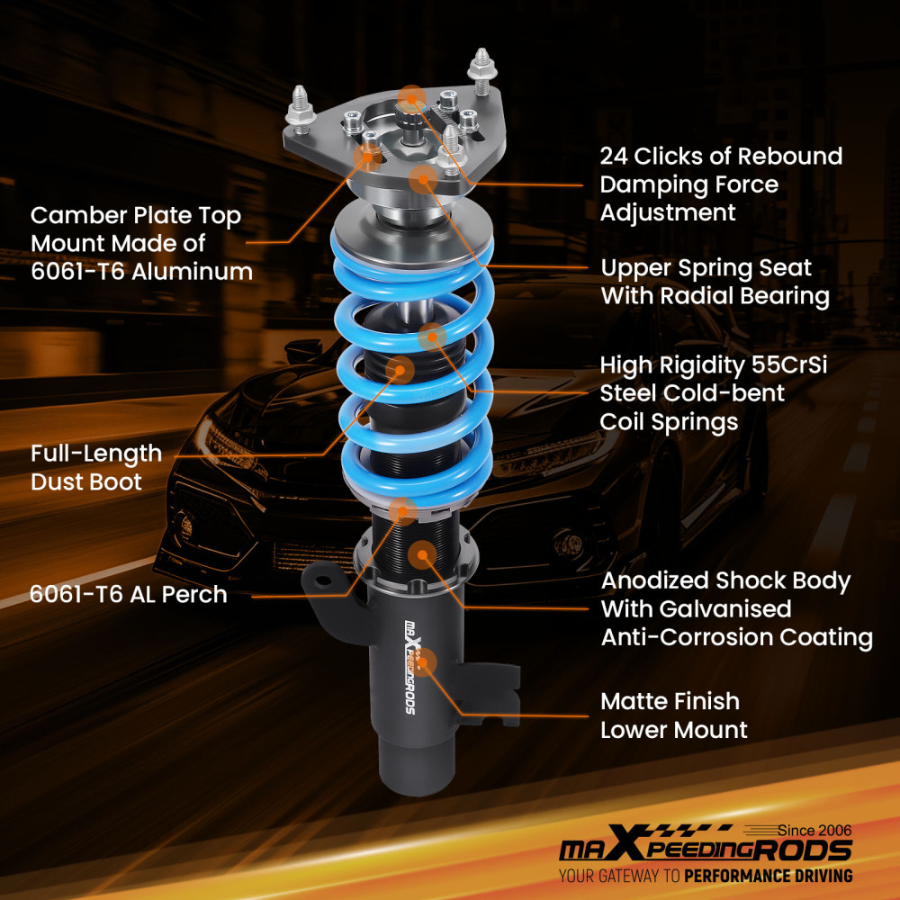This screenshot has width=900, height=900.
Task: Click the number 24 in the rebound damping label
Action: click(616, 156)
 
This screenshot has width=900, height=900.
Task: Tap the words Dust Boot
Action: click(85, 481)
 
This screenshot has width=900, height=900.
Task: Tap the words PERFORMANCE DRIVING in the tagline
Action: click(768, 876)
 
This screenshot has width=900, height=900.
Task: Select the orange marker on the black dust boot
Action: click(399, 368)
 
